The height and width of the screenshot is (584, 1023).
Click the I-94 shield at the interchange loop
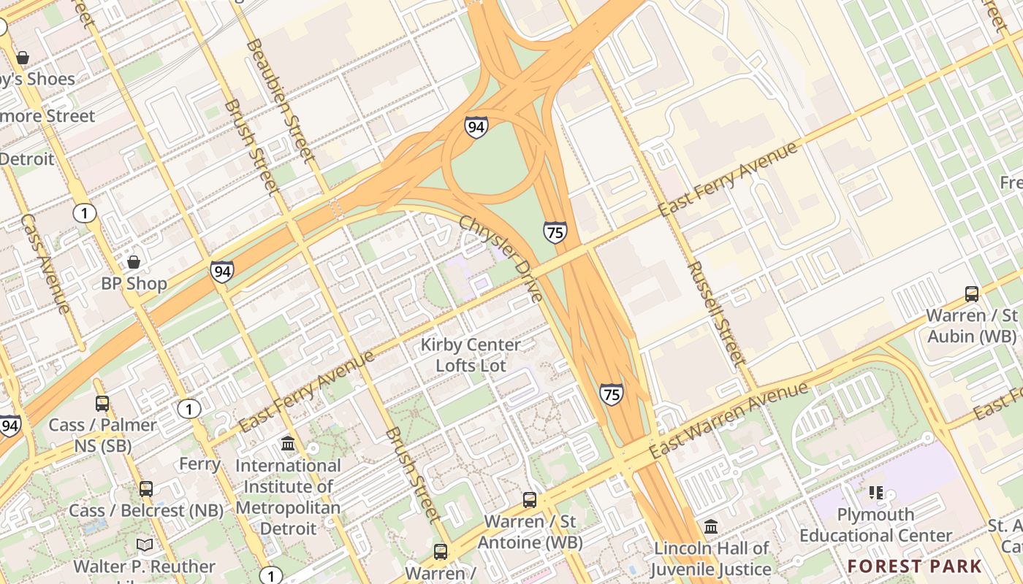tap(476, 127)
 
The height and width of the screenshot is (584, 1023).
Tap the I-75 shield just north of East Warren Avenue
tap(612, 393)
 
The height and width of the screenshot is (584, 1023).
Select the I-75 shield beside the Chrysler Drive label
tap(555, 232)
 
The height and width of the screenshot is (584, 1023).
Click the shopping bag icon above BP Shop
tap(134, 261)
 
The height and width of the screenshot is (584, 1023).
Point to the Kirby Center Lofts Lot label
tap(471, 355)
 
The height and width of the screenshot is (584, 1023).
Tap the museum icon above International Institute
tap(288, 443)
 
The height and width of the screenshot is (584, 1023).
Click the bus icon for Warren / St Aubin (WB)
tap(971, 294)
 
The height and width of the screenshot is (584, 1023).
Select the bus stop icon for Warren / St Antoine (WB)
tap(530, 500)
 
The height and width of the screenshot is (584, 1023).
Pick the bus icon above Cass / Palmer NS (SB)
tap(102, 404)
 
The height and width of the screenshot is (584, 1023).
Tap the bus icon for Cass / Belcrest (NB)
tap(146, 489)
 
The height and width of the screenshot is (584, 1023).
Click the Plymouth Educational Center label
tap(875, 525)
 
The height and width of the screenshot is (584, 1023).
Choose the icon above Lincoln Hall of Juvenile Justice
tap(711, 526)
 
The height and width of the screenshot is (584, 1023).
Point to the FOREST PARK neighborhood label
tap(915, 566)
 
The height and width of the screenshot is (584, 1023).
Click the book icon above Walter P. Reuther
tap(145, 545)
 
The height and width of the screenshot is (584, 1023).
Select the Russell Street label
tap(715, 313)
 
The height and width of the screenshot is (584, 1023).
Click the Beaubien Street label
tap(280, 100)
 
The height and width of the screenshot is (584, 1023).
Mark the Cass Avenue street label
tap(45, 264)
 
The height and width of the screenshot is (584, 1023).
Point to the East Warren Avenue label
tap(729, 420)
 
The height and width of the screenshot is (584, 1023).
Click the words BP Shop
tap(134, 283)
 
